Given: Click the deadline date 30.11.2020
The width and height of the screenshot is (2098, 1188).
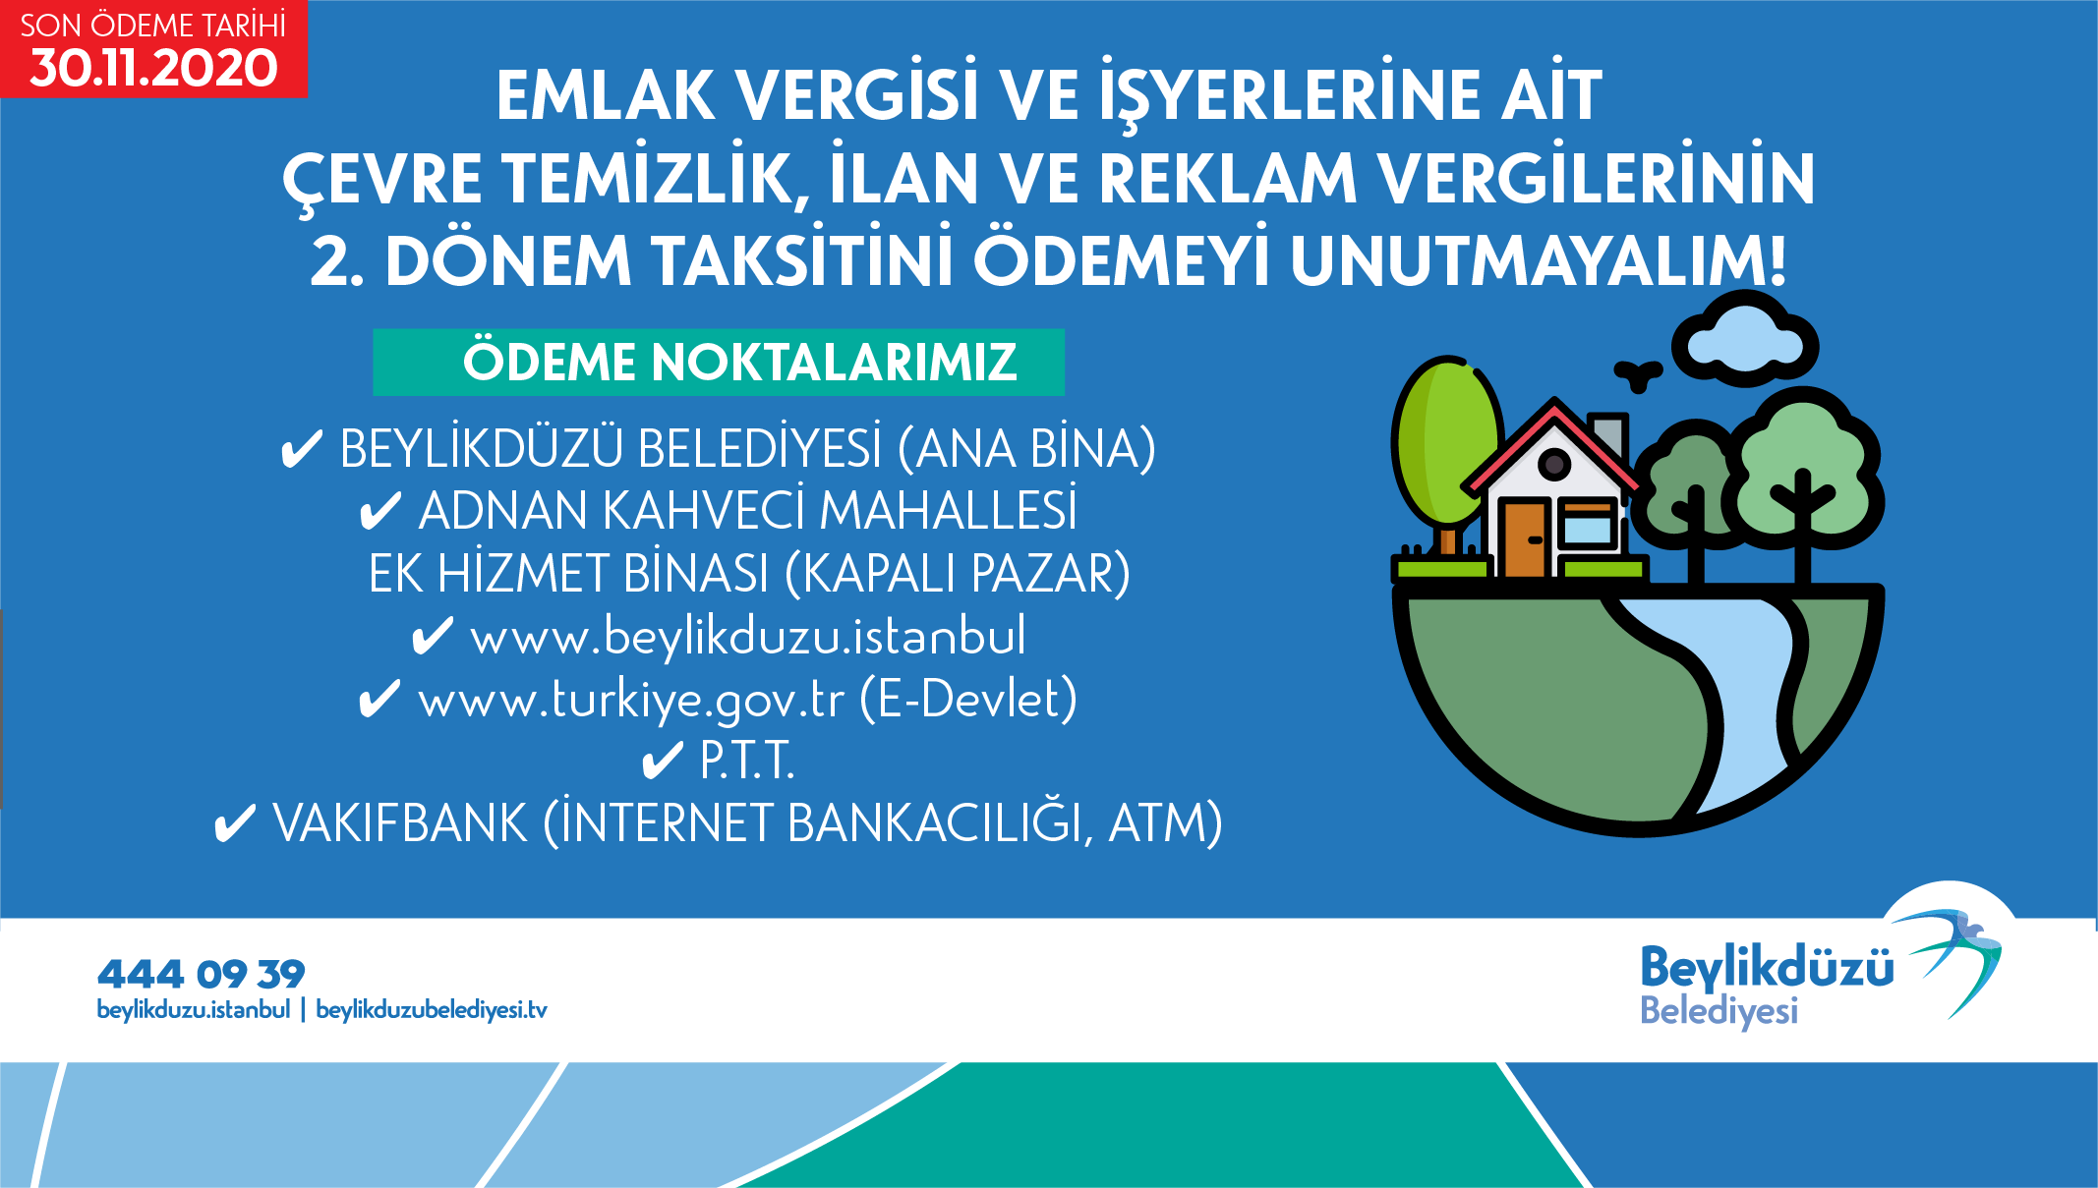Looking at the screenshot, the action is click(154, 68).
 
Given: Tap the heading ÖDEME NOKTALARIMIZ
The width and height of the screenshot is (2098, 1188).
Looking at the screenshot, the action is click(739, 362).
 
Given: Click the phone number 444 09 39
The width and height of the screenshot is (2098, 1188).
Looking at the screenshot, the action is click(201, 974).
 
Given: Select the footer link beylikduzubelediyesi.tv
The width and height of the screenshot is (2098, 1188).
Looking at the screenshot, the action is click(432, 1010).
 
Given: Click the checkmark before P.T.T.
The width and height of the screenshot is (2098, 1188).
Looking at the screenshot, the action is click(662, 761).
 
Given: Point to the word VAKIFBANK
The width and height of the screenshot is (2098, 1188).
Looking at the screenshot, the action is click(400, 822).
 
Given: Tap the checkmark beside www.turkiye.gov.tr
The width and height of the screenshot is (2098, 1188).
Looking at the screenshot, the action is click(379, 700).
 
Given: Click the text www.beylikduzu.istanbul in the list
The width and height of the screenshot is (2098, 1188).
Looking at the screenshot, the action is click(748, 637).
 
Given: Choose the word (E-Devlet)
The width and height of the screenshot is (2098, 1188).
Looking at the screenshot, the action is click(968, 699).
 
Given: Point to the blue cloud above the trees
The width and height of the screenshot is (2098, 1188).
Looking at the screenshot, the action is click(1745, 340).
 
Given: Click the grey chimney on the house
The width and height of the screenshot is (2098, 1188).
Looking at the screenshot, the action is click(1608, 435).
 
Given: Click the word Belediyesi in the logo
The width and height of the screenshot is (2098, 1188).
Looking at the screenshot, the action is click(1719, 1011).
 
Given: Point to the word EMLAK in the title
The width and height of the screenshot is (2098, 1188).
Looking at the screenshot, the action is click(606, 95).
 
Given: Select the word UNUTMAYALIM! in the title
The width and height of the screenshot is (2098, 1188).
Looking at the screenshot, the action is click(1539, 260).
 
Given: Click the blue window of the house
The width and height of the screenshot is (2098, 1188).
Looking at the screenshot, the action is click(1587, 531).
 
